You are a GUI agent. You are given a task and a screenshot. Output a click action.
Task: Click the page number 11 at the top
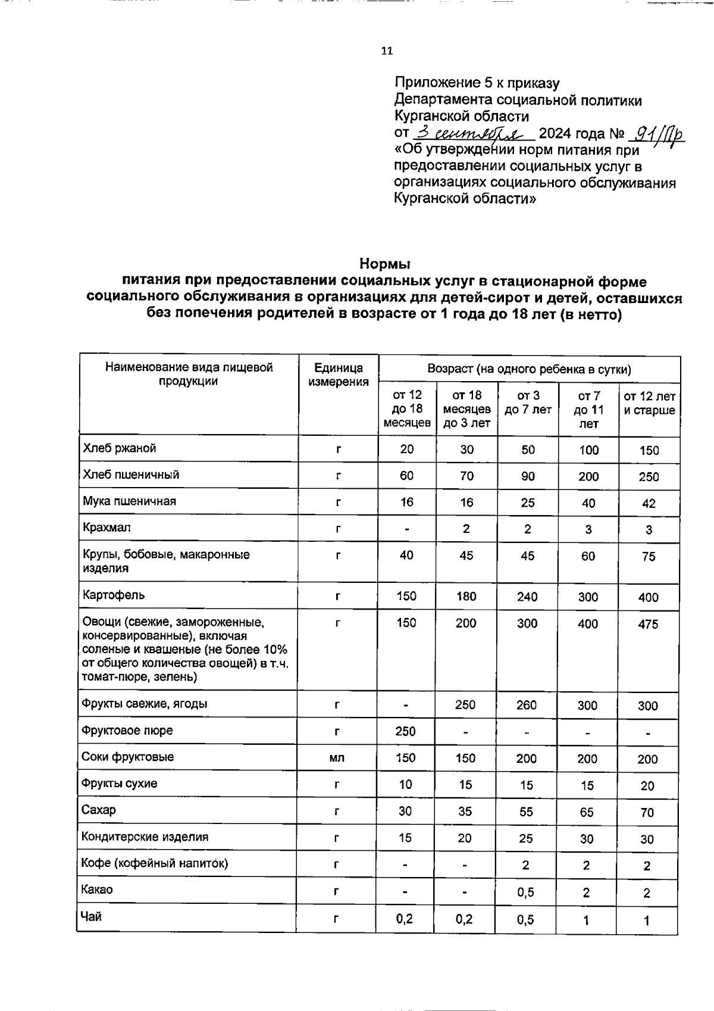tap(387, 51)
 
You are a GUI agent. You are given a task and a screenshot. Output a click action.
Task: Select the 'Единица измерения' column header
tap(338, 375)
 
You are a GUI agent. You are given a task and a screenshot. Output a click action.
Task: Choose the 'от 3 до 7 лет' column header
tap(528, 402)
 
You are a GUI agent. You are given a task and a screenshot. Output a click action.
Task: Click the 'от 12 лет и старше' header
tap(649, 402)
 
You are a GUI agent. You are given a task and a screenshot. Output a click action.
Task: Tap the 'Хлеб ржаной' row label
tap(120, 448)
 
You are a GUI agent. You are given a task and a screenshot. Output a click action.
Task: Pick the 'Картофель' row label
tap(114, 595)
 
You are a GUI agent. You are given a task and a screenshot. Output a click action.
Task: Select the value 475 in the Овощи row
tap(648, 624)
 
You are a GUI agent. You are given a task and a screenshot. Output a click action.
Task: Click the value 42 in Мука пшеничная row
tap(649, 503)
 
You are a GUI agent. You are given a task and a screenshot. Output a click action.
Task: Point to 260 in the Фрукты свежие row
tap(526, 705)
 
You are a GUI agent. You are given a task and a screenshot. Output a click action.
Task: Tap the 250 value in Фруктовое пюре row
tap(405, 731)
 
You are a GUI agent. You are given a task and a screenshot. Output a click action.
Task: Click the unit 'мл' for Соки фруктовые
tap(337, 758)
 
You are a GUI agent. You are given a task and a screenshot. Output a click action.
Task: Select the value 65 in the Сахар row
tap(587, 812)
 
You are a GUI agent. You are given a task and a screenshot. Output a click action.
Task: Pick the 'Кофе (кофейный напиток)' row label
tap(155, 863)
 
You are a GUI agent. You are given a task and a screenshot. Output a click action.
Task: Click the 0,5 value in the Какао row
tap(525, 893)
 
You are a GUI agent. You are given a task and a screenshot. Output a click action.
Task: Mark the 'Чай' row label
tap(91, 917)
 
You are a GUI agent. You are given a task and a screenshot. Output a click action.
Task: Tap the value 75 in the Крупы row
tap(648, 556)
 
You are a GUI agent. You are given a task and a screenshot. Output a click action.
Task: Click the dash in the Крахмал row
tap(406, 529)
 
